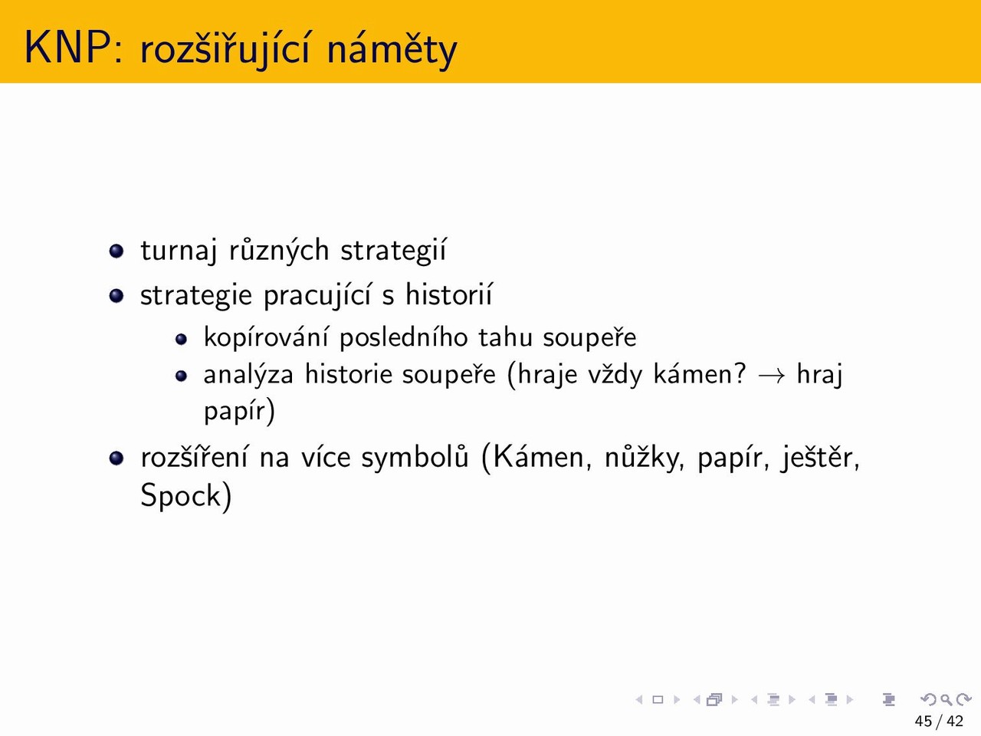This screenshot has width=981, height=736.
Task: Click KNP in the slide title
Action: pyautogui.click(x=68, y=48)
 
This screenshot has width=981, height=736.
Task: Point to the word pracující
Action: pyautogui.click(x=317, y=295)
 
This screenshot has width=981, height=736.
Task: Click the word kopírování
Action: pyautogui.click(x=266, y=337)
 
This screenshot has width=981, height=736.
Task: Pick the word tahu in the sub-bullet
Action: pyautogui.click(x=506, y=337)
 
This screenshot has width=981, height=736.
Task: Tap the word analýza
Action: pyautogui.click(x=248, y=374)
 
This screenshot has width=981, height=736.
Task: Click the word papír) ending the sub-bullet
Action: pyautogui.click(x=239, y=411)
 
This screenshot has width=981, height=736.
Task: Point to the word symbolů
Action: pyautogui.click(x=415, y=458)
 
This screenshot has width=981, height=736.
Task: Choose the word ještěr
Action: pyautogui.click(x=819, y=458)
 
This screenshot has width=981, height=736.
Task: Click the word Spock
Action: pyautogui.click(x=186, y=495)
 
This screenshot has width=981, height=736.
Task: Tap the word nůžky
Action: pyautogui.click(x=644, y=458)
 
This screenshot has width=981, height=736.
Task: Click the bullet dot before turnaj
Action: pyautogui.click(x=116, y=251)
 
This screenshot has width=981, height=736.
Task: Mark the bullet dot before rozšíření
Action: pyautogui.click(x=116, y=458)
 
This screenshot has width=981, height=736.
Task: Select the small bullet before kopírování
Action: pyautogui.click(x=181, y=339)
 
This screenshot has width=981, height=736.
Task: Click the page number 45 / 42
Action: pyautogui.click(x=939, y=721)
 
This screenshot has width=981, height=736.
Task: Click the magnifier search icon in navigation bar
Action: pyautogui.click(x=947, y=699)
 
